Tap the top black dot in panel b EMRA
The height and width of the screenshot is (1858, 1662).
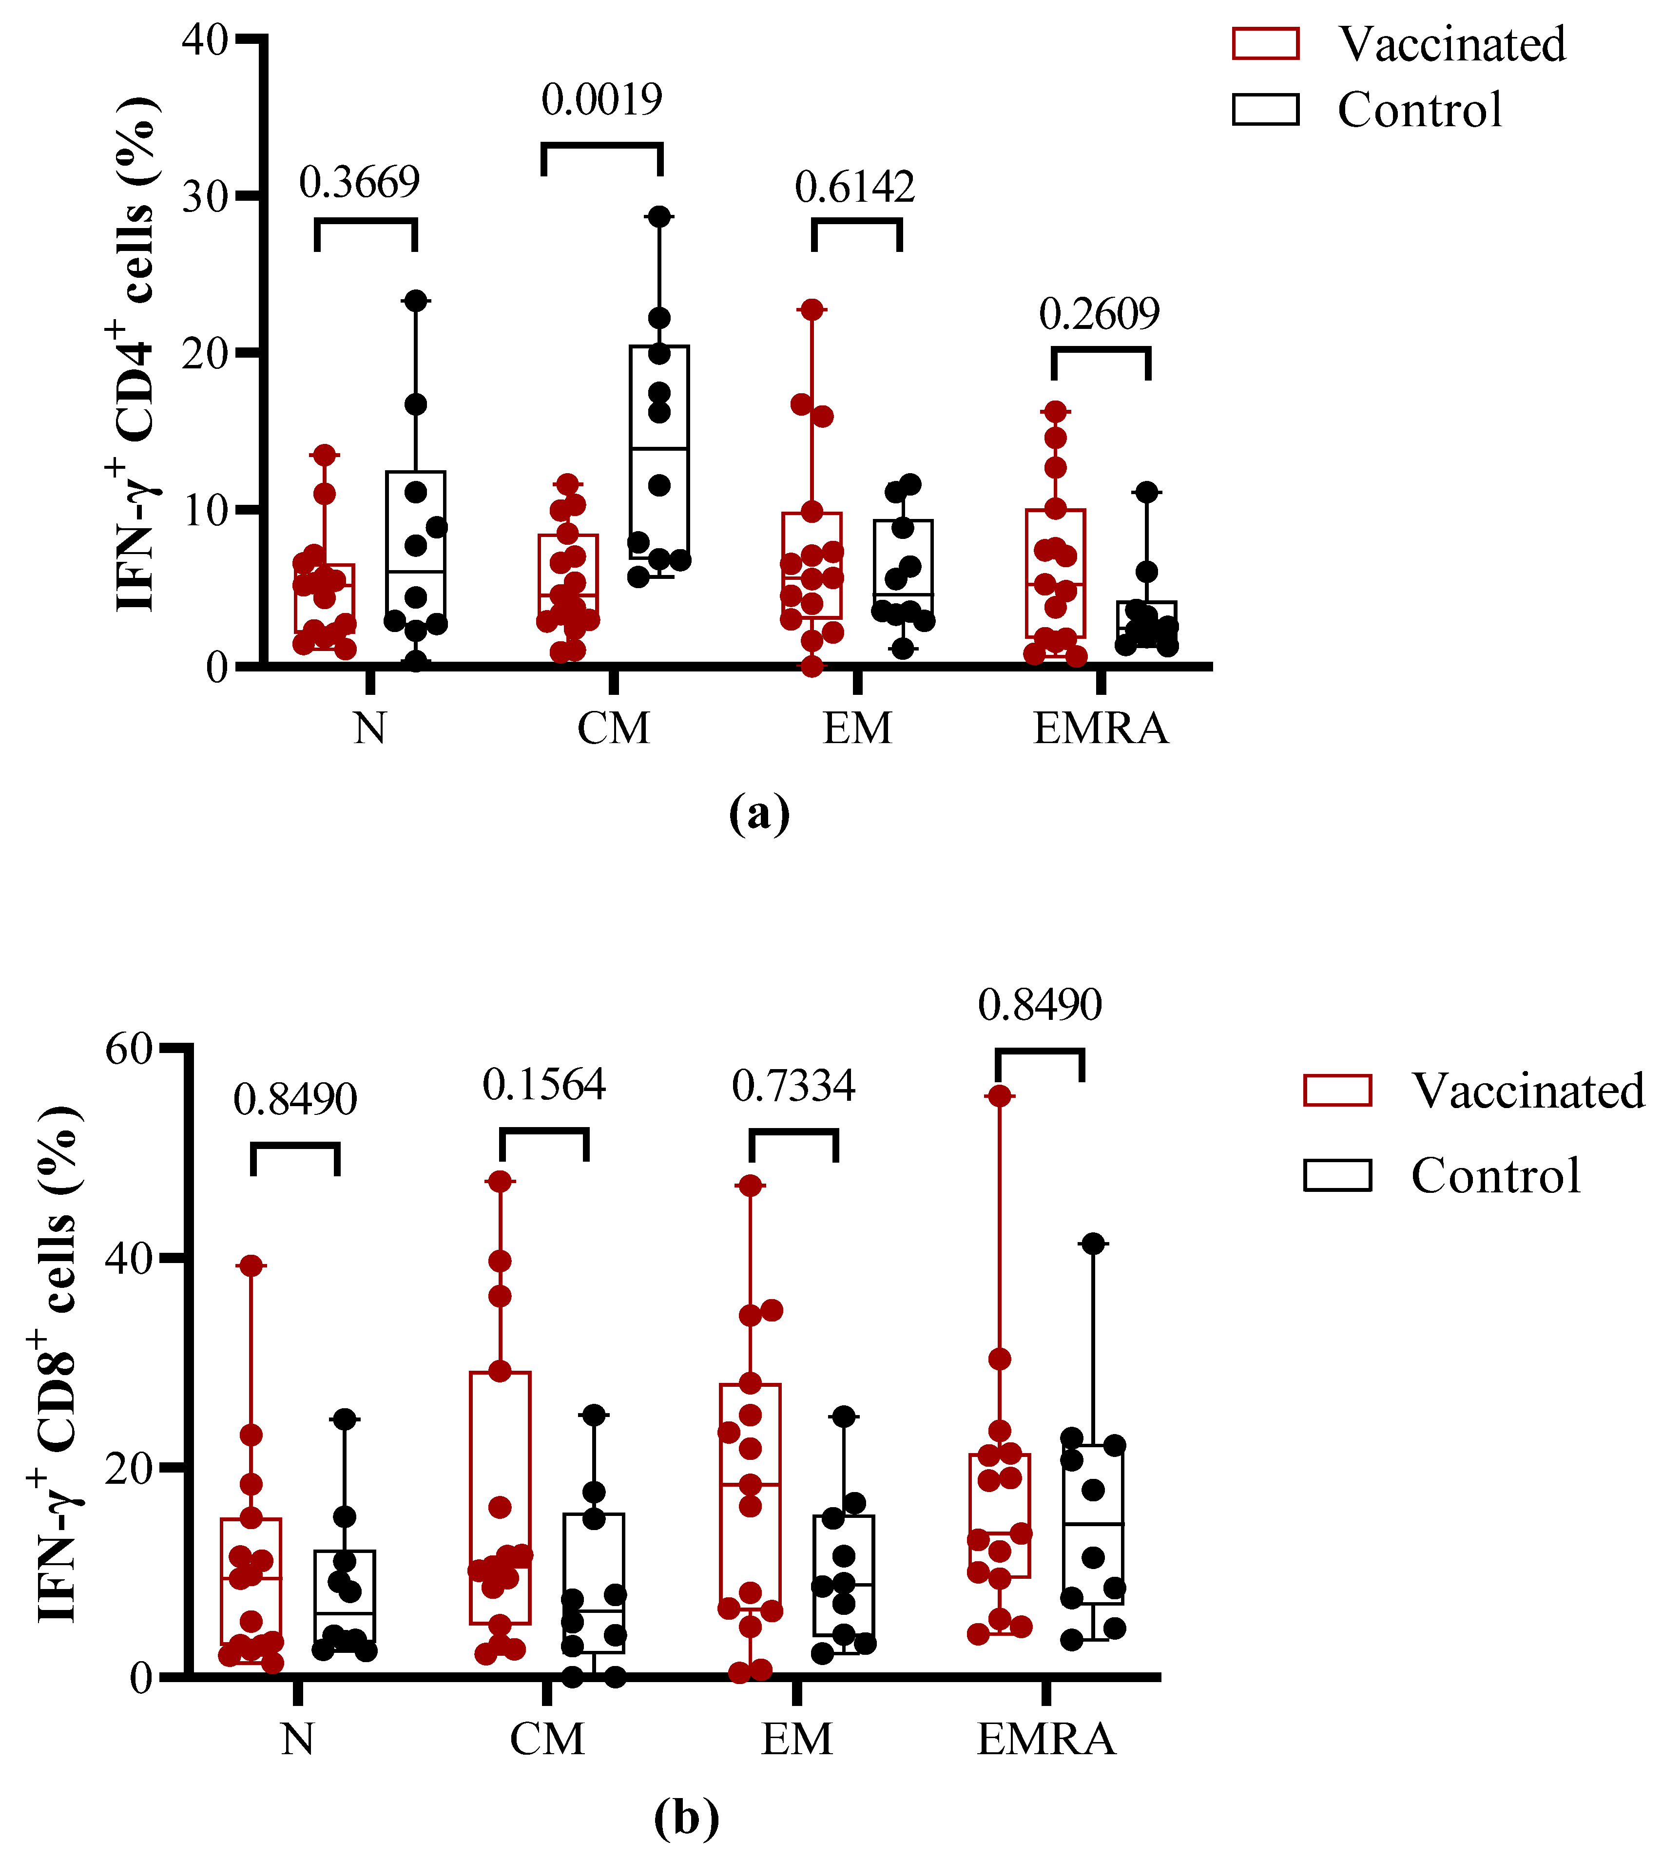coord(1093,1244)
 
